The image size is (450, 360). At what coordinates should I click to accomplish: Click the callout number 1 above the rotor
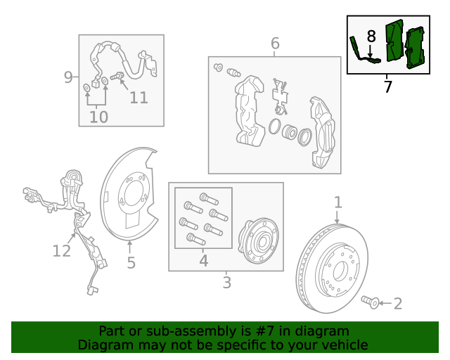[338, 202]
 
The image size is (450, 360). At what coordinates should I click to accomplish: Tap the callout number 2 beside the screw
[398, 304]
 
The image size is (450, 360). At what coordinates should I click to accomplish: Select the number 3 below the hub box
[226, 283]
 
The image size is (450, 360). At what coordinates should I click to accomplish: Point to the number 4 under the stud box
[203, 261]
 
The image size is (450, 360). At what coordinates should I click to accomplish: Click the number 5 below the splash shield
[131, 263]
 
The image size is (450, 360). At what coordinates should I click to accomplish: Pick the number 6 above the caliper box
[275, 44]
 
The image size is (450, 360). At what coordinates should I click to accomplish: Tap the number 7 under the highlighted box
[387, 86]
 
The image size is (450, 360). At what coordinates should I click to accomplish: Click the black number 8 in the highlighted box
[371, 37]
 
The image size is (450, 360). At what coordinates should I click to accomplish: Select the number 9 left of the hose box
[68, 77]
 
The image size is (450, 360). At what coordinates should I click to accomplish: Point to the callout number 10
[98, 117]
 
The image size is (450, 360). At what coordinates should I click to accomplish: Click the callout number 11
[139, 98]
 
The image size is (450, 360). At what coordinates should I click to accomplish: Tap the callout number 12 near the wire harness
[61, 251]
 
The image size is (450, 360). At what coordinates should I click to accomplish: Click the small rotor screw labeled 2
[371, 302]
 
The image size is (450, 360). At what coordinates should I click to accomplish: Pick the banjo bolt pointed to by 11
[117, 76]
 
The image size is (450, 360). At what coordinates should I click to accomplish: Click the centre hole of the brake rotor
[340, 271]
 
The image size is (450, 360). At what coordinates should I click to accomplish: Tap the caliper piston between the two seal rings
[289, 132]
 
